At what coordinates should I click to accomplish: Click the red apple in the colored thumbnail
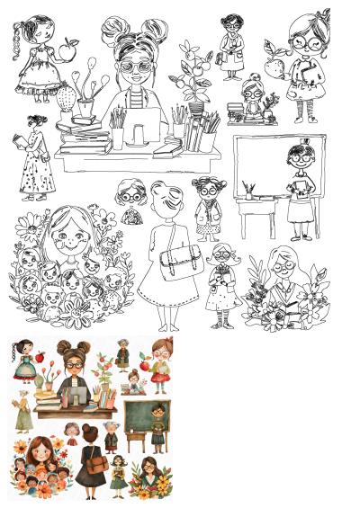pyautogui.click(x=40, y=358)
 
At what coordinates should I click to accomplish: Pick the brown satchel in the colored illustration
pyautogui.click(x=96, y=464)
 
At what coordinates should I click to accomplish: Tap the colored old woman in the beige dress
pyautogui.click(x=22, y=414)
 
